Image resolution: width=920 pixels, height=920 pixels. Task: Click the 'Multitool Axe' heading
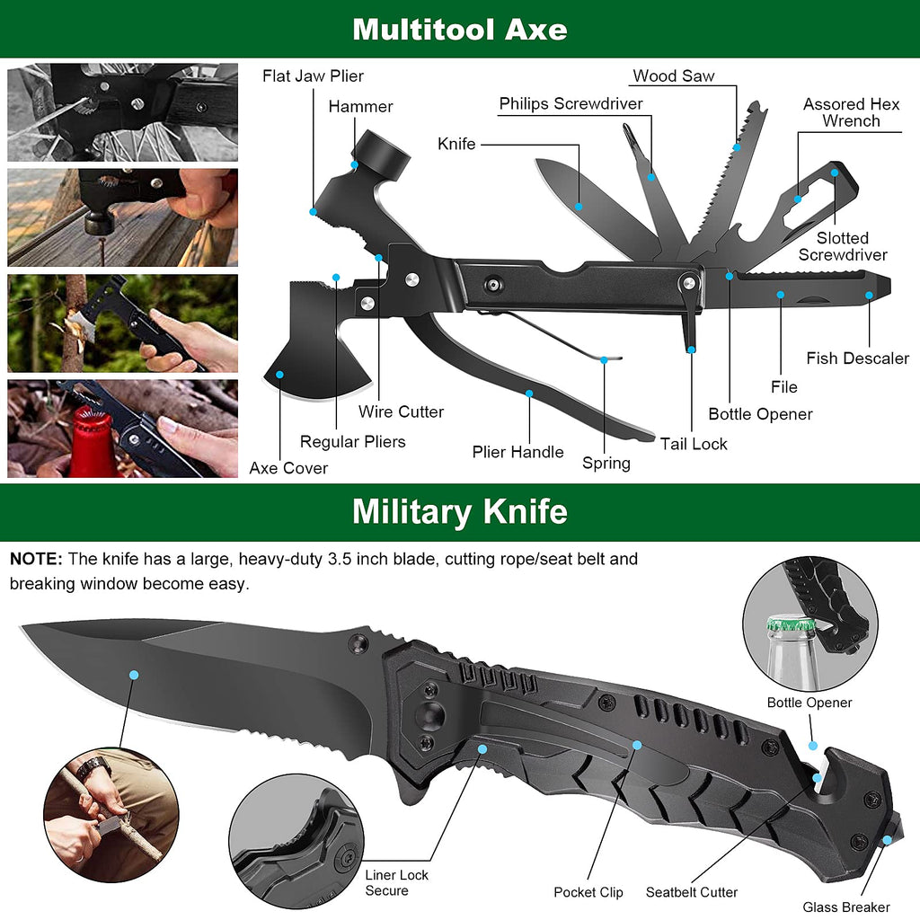tap(459, 29)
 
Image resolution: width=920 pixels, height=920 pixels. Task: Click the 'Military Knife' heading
tap(459, 511)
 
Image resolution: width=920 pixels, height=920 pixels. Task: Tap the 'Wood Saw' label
tap(673, 76)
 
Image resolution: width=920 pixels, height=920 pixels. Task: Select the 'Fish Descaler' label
tap(857, 358)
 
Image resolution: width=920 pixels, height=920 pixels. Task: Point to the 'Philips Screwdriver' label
tap(571, 104)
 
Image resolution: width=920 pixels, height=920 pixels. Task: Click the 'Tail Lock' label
tap(694, 444)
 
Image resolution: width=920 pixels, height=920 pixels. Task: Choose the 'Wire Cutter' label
tap(401, 412)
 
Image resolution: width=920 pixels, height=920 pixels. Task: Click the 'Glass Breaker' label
tap(846, 907)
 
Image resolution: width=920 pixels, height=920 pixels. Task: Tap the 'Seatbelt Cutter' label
tap(692, 892)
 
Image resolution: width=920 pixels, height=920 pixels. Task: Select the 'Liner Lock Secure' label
tap(396, 883)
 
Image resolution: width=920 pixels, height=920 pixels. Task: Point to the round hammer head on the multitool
tap(381, 152)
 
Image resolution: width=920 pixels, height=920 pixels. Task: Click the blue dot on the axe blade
tap(280, 375)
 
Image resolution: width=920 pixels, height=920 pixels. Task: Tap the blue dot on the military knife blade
tap(134, 674)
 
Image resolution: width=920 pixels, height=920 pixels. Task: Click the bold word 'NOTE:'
tap(36, 559)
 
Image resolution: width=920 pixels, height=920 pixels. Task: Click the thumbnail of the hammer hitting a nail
tap(122, 217)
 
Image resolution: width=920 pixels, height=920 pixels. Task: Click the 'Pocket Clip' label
tap(588, 892)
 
